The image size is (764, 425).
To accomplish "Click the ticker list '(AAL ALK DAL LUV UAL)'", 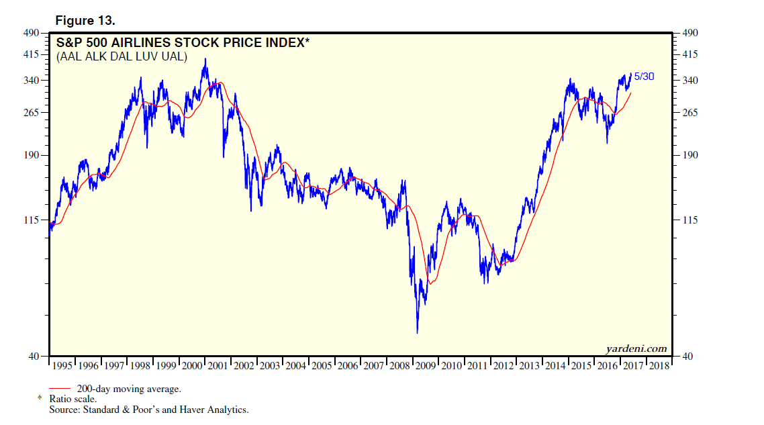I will coord(122,56).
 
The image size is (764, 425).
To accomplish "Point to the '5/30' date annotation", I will coord(644,77).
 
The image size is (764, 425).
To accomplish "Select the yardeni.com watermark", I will coord(636,348).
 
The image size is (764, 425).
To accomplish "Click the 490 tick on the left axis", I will coord(33,32).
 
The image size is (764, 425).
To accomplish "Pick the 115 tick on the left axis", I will coord(33,220).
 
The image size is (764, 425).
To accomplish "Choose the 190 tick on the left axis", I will coord(33,155).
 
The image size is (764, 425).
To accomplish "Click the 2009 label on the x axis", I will coord(426,366).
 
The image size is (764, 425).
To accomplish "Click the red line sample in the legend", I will coord(60,388).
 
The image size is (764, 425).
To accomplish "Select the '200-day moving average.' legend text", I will coord(124,389).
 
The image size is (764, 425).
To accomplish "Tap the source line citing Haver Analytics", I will coord(148,409).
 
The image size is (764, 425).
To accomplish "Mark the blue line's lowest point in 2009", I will coord(417,333).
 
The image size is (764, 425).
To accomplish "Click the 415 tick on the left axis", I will coord(33,54).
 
